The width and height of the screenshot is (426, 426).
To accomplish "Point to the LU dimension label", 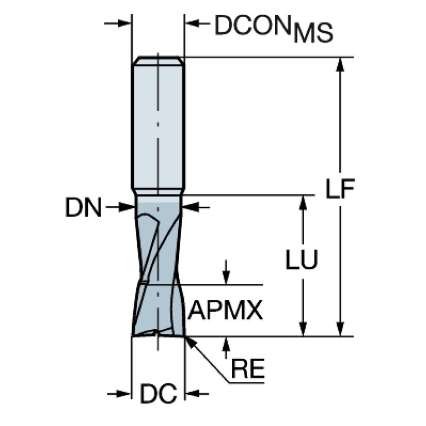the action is point(302,259).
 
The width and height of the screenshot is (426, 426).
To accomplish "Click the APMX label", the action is point(224,311).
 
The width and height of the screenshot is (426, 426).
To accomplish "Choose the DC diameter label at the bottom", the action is point(158,394).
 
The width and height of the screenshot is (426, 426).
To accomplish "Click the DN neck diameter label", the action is point(83,208).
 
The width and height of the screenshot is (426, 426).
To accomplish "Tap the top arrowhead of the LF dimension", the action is point(341,64).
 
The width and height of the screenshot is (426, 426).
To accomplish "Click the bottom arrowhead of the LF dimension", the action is point(341,329).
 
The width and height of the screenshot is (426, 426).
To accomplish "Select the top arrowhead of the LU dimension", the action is point(303,202).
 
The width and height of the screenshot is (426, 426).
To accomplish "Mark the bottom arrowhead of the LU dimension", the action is point(303,329).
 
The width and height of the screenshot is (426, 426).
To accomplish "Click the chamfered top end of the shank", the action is point(158,60).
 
